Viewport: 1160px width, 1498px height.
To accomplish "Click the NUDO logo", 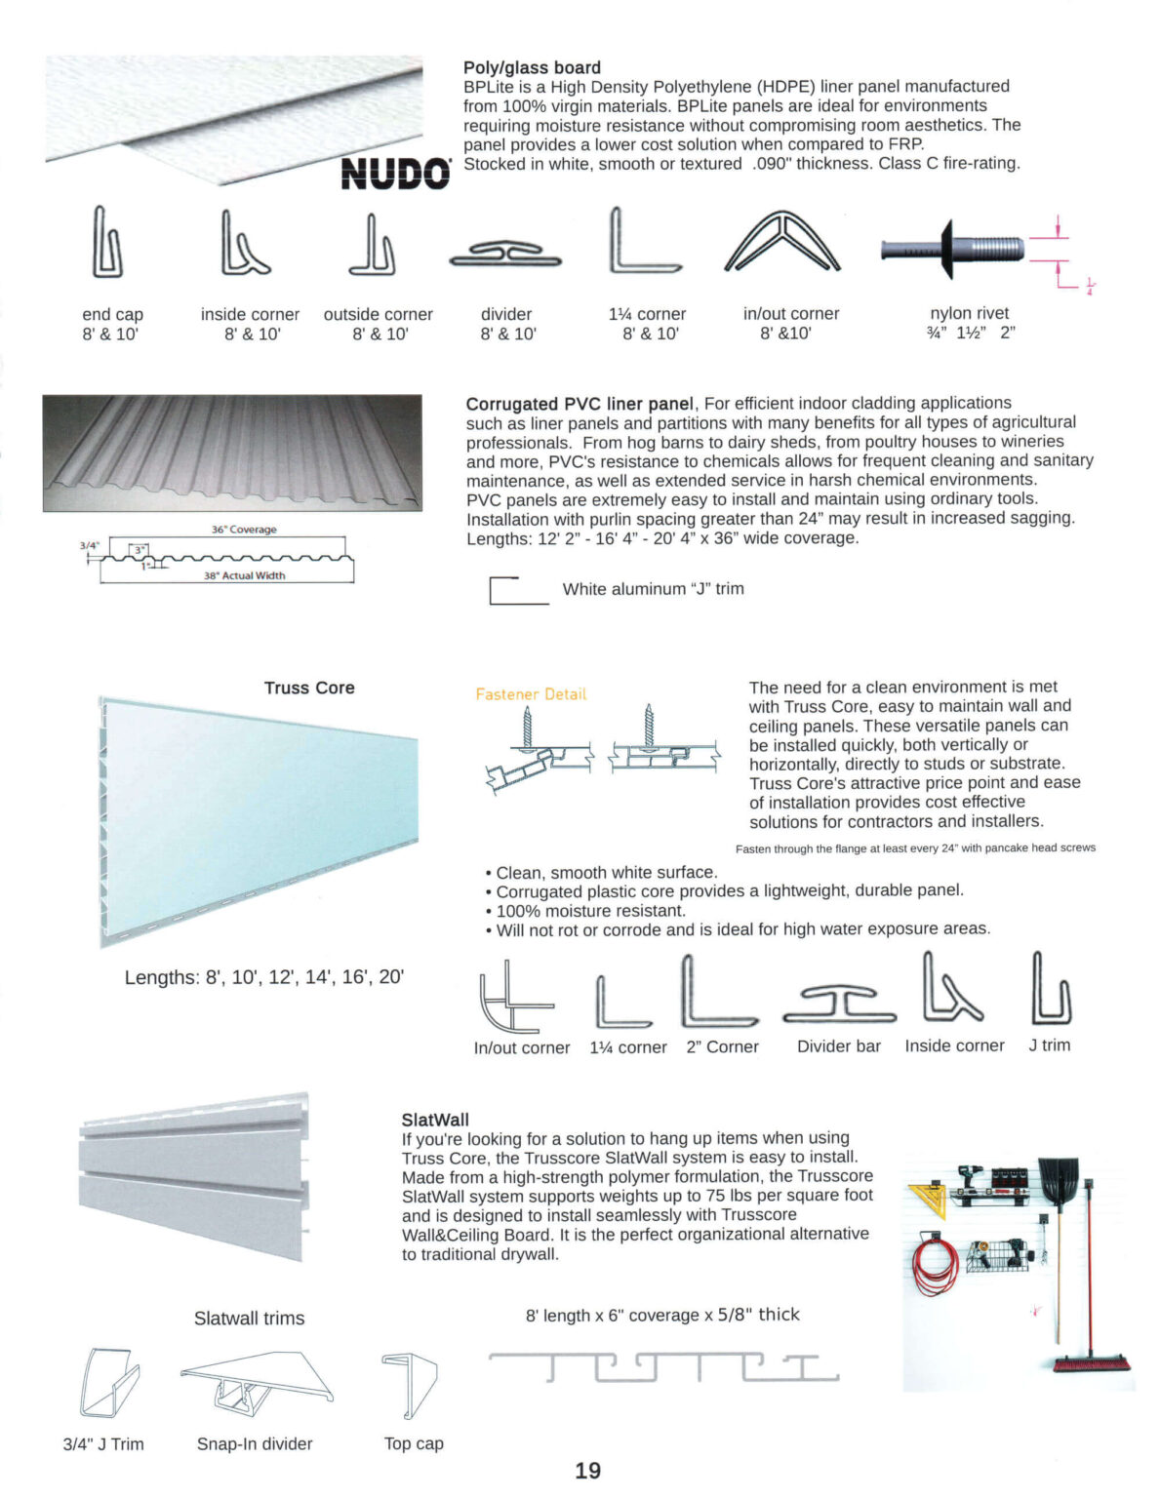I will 395,174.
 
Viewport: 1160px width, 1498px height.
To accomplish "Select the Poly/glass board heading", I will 532,67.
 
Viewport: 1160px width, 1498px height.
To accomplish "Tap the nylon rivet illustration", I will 953,249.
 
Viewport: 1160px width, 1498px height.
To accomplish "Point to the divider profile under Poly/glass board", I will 505,256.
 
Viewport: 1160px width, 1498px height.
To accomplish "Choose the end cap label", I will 112,314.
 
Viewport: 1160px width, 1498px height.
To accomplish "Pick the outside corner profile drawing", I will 373,246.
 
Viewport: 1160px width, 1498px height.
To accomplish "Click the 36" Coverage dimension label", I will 244,530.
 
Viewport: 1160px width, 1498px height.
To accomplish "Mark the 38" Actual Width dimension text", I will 244,575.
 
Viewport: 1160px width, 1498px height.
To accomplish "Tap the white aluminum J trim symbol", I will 517,591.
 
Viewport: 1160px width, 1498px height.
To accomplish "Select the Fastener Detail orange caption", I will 531,694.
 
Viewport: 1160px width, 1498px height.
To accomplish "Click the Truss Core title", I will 309,688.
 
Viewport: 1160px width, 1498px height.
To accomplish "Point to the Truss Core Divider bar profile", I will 839,1004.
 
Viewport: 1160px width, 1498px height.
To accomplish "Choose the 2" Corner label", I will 722,1046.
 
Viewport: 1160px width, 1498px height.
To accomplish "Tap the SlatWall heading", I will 435,1120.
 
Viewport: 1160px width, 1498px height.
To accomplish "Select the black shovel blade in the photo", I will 1058,1185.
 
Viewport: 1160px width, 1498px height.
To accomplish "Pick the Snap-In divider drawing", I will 256,1384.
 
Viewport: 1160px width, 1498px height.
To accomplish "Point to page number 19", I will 588,1471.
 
